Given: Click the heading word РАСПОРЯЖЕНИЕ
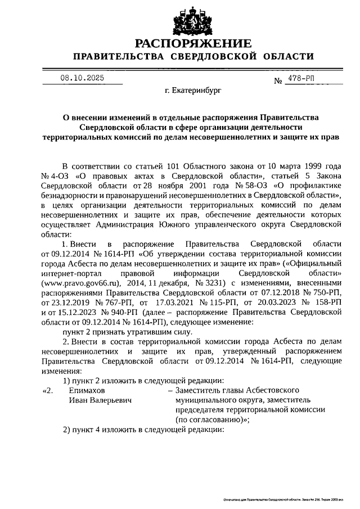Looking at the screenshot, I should (192, 43).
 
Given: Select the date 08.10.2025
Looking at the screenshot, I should (82, 79).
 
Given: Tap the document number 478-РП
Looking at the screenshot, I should (301, 79).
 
